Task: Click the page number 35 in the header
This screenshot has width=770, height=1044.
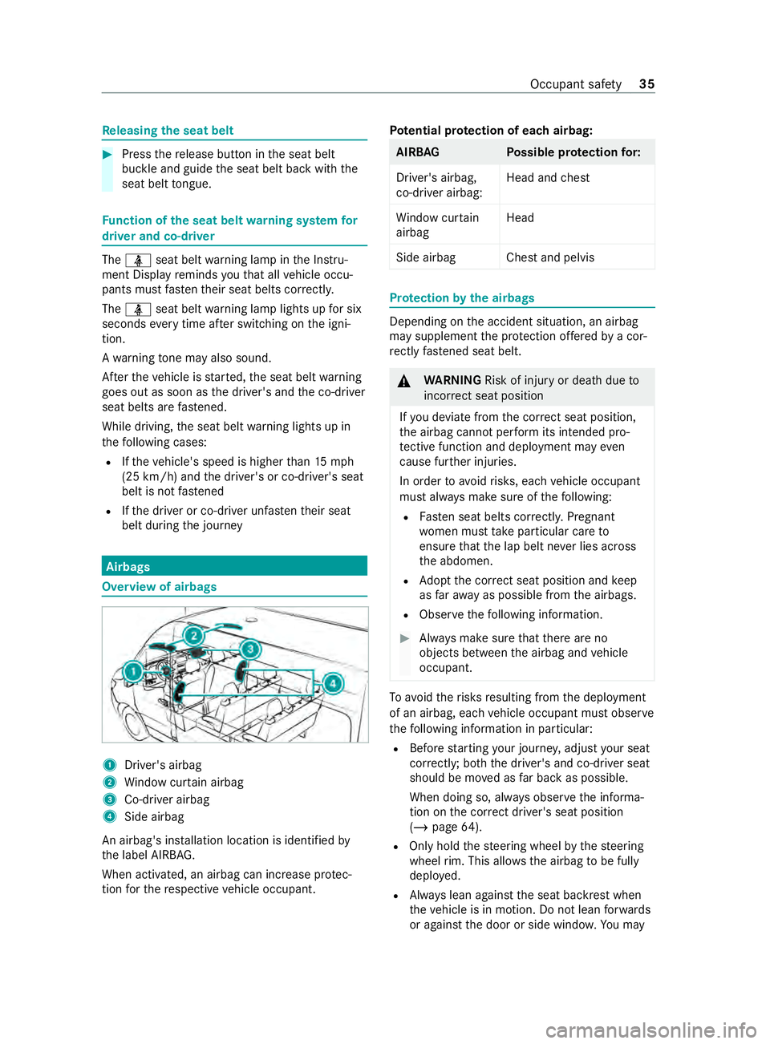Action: click(x=646, y=84)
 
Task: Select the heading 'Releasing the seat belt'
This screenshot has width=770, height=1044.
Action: click(x=168, y=131)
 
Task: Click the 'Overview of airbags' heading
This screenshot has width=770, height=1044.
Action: click(x=159, y=587)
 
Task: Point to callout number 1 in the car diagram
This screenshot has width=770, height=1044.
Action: click(x=133, y=671)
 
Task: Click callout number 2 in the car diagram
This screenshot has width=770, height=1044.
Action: click(x=193, y=636)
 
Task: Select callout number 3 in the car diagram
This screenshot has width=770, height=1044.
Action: click(x=250, y=649)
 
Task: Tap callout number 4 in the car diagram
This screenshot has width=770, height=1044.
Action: click(x=333, y=683)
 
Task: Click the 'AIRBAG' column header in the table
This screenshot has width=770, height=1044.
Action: click(x=418, y=152)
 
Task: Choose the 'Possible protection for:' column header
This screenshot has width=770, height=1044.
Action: click(x=573, y=152)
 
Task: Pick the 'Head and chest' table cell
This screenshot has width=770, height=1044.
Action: click(x=548, y=178)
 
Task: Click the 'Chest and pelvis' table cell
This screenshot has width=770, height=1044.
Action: click(x=550, y=257)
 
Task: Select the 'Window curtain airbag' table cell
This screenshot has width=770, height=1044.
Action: click(x=437, y=225)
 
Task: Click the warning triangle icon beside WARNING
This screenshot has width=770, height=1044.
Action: click(x=405, y=381)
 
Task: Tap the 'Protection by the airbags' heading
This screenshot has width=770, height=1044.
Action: click(x=462, y=298)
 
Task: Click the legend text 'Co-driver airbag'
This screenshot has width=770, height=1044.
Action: click(x=167, y=799)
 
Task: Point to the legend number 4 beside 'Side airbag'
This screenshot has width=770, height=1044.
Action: click(x=110, y=816)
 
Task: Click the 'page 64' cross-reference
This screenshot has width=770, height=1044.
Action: click(x=455, y=827)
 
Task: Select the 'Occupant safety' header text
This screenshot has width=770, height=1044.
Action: click(x=575, y=84)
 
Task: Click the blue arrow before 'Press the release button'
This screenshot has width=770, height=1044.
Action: click(x=107, y=154)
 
